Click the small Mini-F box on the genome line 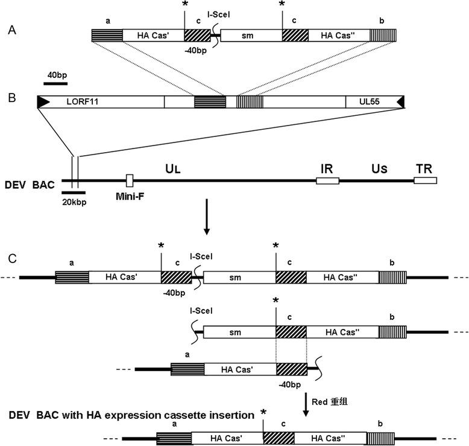pos(129,180)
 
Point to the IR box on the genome pos(327,180)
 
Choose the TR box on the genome pos(426,180)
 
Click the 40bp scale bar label pos(55,74)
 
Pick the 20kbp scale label pos(74,202)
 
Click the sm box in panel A pos(251,36)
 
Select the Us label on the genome pos(380,164)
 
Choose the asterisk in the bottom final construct pos(263,413)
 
